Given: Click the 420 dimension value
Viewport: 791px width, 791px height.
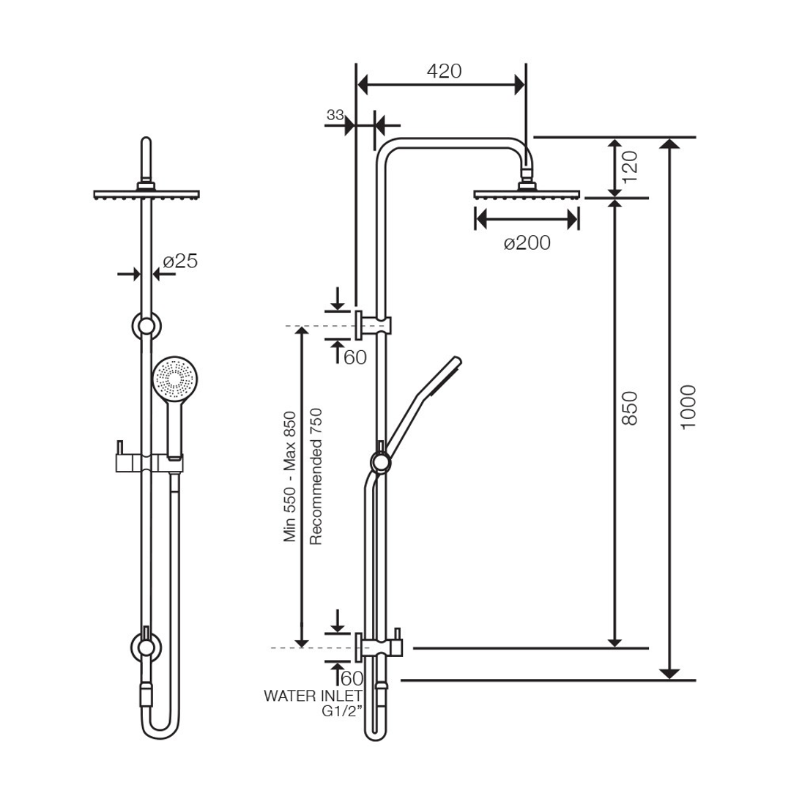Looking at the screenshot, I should coord(445,71).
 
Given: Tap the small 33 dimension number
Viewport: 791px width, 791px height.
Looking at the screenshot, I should coord(335,115).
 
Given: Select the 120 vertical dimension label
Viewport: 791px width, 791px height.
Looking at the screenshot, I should coord(631,166).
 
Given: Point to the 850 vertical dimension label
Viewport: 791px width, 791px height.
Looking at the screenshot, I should coord(631,408).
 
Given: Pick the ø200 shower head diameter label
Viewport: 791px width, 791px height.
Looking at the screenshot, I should coord(527,243).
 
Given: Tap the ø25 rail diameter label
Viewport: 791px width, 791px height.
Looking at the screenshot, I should coord(180,261).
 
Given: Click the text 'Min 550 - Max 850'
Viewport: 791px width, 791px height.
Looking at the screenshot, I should coord(291,476).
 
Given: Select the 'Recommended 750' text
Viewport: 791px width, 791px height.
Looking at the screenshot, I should coord(316,476).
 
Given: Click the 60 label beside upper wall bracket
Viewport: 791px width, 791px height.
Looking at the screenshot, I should coord(354,357).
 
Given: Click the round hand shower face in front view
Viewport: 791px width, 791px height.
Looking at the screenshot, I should coord(175,379).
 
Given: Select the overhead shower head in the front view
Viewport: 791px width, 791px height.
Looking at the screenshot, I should coord(146,194).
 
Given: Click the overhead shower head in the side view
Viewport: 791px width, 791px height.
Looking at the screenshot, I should coord(527,194).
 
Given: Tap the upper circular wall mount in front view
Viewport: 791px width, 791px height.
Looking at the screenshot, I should coord(146,326).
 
